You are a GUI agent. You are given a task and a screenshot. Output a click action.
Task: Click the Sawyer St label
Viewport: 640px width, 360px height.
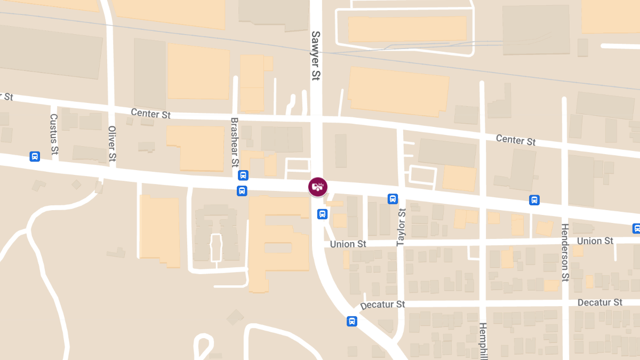click(315, 55)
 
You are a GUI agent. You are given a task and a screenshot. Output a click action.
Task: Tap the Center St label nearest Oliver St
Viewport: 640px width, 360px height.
click(151, 114)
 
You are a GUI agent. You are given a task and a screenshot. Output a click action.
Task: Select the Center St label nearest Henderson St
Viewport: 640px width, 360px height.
click(516, 140)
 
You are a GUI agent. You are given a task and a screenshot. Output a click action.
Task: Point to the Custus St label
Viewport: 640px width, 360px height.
click(53, 133)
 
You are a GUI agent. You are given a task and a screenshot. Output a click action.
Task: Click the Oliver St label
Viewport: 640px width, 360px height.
click(112, 143)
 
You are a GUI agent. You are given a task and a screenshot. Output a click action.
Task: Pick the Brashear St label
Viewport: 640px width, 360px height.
click(234, 142)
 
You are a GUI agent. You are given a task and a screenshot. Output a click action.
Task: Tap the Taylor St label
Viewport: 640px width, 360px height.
click(401, 228)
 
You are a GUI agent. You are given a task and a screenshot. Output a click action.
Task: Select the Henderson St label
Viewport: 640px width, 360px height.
click(565, 252)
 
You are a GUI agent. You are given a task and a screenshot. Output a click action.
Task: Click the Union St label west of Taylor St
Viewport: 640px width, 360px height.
click(348, 244)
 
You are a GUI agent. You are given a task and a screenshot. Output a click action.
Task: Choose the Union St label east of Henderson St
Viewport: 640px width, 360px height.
click(595, 241)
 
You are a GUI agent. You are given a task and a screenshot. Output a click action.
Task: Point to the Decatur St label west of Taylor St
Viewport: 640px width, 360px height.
click(382, 305)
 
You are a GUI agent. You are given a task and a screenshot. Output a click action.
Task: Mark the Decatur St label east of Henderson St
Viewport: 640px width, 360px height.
click(600, 302)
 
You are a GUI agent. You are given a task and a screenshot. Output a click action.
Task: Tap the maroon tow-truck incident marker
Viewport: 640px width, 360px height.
click(318, 187)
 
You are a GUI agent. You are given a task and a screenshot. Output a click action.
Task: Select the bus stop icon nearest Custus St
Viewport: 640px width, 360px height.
click(35, 156)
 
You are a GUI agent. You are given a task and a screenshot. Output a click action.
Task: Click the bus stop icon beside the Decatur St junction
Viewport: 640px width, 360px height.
click(352, 321)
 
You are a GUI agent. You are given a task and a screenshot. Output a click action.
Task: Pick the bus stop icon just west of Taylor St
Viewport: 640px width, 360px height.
click(393, 199)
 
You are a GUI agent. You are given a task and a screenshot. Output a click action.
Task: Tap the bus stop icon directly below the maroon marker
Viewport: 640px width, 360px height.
click(322, 214)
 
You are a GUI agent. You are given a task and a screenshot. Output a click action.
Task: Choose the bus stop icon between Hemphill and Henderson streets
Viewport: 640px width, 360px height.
click(534, 200)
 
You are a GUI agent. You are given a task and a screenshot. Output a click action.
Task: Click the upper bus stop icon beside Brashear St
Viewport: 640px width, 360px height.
click(243, 175)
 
